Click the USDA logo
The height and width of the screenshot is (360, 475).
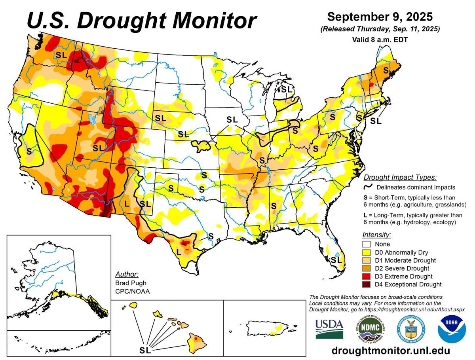coord(329,328)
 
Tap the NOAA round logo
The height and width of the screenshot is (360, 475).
coord(451,328)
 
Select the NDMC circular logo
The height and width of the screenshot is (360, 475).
coord(370,328)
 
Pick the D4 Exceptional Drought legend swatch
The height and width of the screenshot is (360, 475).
coord(367,284)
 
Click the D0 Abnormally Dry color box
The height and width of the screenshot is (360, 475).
coord(367,252)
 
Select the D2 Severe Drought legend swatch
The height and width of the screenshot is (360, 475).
coord(367,269)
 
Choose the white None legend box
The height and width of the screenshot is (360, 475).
coord(367,244)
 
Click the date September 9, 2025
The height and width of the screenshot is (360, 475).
coord(380,17)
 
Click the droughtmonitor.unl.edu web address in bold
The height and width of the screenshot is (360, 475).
coord(390,351)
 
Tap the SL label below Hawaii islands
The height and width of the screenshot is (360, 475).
coord(145,350)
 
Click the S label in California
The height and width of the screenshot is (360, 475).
coord(28,151)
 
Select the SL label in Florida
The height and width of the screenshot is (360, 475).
coord(336,260)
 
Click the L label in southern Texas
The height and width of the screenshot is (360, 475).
coord(179,252)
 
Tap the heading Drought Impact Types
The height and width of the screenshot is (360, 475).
coord(400,177)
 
